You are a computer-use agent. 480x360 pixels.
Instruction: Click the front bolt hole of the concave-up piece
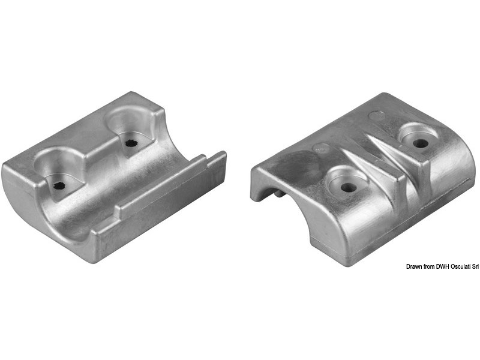59,184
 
